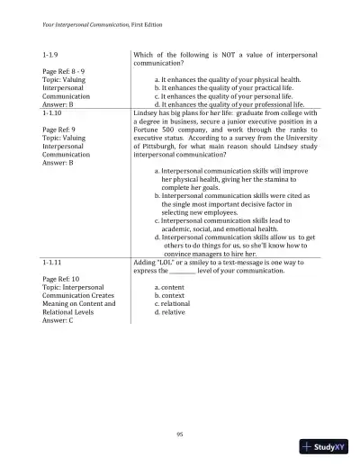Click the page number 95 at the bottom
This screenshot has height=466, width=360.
coord(180,433)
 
